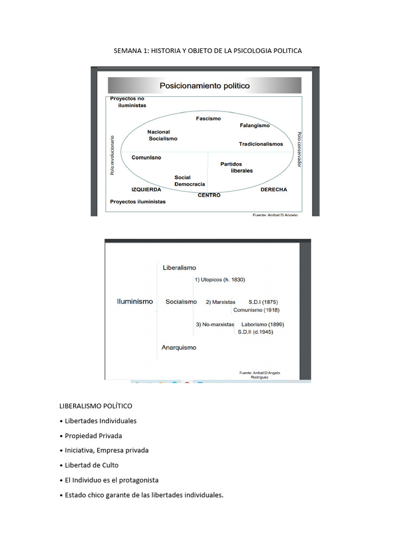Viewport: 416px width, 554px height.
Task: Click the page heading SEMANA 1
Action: (x=207, y=50)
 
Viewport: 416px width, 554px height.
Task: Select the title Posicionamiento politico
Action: (x=204, y=85)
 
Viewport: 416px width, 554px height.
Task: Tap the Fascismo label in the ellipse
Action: (x=209, y=118)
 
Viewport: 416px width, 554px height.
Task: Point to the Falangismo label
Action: (x=255, y=126)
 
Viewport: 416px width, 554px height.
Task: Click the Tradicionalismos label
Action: (x=261, y=144)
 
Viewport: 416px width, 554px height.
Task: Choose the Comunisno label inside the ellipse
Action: (x=146, y=157)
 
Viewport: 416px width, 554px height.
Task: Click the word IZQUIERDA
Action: (x=146, y=190)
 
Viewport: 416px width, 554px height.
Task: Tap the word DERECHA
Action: (x=274, y=190)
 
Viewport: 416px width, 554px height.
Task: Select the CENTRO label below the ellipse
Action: (x=209, y=195)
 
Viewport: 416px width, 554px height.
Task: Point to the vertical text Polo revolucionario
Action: (x=113, y=155)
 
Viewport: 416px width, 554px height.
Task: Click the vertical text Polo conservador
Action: (x=298, y=149)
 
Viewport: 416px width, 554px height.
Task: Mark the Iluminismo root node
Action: (x=135, y=301)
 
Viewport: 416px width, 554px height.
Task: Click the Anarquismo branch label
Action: (x=179, y=347)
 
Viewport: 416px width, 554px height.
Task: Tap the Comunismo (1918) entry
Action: (x=256, y=310)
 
